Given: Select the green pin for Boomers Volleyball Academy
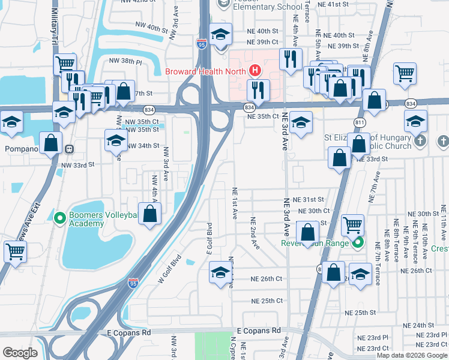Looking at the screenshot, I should click(x=59, y=217).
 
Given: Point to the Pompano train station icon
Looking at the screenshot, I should click(x=70, y=149).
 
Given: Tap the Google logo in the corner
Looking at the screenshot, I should click(x=20, y=353).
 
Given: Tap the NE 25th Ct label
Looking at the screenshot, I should click(x=267, y=301).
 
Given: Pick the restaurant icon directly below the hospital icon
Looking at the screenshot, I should click(x=258, y=91).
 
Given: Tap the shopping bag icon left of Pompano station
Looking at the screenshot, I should click(x=51, y=144).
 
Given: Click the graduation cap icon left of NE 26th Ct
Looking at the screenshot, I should click(x=220, y=272).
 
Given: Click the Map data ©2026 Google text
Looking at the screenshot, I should click(x=412, y=355).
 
